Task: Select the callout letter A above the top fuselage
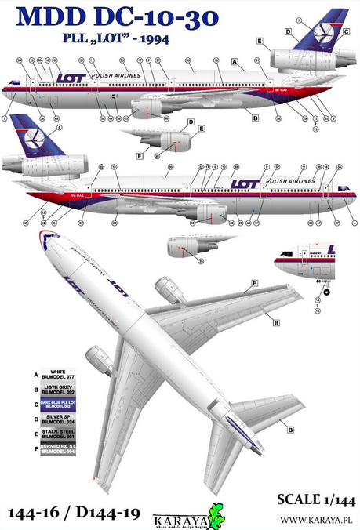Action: pyautogui.click(x=233, y=60)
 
